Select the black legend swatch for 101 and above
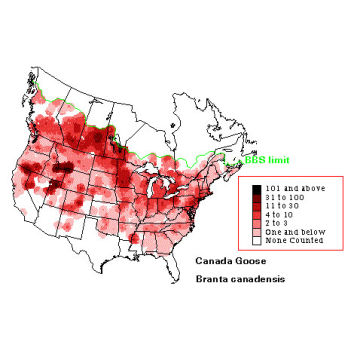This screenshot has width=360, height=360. [x=257, y=188]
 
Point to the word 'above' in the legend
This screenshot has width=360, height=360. [x=305, y=188]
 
